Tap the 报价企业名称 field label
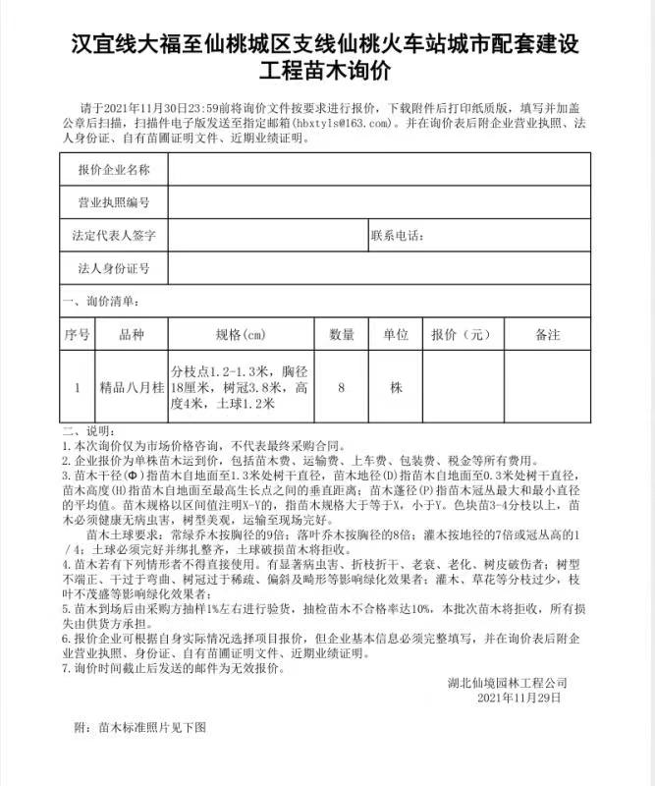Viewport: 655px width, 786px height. (114, 170)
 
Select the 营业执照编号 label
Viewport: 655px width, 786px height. (114, 202)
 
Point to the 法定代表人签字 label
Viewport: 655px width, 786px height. (114, 236)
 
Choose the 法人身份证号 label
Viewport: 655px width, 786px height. (114, 268)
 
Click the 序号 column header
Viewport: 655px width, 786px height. (78, 334)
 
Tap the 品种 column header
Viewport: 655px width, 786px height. (131, 334)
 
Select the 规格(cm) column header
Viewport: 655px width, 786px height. (241, 334)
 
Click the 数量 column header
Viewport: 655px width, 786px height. (341, 334)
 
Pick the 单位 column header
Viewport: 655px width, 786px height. (396, 334)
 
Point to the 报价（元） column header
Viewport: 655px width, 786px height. (461, 334)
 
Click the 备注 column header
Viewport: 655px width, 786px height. (548, 334)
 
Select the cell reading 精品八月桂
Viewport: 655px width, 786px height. (131, 387)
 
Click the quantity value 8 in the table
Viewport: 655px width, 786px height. (341, 387)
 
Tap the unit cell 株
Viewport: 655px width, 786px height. (396, 387)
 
